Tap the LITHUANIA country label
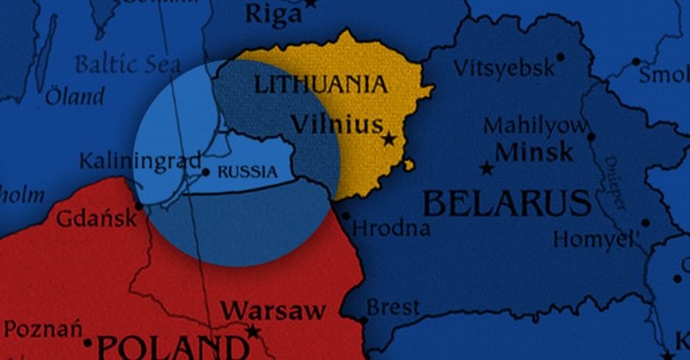click(320, 84)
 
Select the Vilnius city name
click(336, 125)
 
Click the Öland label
click(75, 95)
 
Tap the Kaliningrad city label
click(140, 160)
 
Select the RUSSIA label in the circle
click(248, 171)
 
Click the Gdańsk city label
click(95, 219)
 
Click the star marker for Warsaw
click(253, 331)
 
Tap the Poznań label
click(43, 328)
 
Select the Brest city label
click(393, 306)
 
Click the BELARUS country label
click(507, 204)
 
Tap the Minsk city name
click(534, 153)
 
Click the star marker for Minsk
click(487, 169)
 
